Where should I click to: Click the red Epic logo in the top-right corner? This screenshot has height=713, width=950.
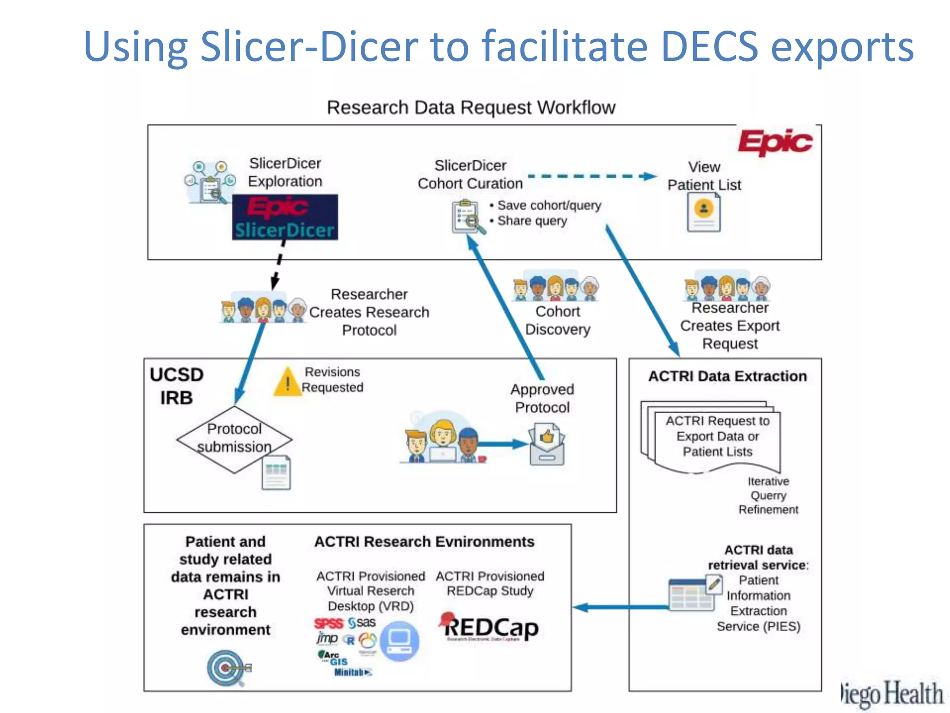[x=775, y=142]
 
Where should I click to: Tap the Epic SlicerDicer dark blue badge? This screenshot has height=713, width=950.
[x=285, y=217]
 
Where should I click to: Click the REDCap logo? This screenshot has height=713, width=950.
[x=489, y=628]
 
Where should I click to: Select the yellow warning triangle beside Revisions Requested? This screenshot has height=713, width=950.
[x=288, y=382]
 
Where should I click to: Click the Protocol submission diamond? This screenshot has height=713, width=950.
[x=234, y=439]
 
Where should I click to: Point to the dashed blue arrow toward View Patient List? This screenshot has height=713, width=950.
[x=592, y=176]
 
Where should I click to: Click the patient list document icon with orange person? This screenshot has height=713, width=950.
[x=704, y=212]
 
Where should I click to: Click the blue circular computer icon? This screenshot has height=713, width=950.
[x=399, y=641]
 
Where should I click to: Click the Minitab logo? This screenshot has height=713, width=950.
[x=353, y=672]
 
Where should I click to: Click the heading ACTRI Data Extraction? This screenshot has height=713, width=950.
[x=727, y=376]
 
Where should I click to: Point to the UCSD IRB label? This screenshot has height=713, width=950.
[x=177, y=386]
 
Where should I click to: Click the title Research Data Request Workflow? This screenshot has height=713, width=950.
[x=471, y=108]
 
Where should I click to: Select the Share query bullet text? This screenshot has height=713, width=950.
[x=532, y=221]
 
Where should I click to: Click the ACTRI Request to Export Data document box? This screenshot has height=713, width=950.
[x=717, y=436]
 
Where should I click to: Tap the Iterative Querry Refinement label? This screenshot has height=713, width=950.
[x=768, y=495]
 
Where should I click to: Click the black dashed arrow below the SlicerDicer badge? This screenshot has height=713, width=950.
[x=278, y=265]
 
